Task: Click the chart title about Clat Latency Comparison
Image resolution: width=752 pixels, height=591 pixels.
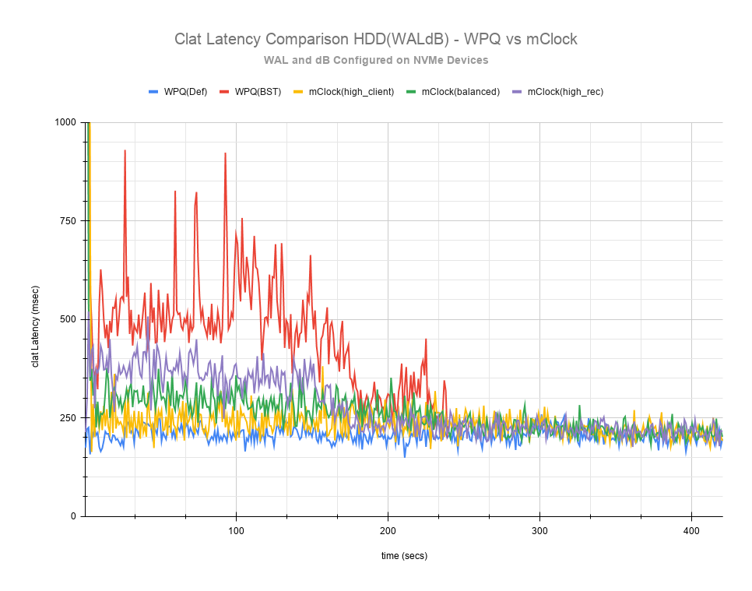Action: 375,39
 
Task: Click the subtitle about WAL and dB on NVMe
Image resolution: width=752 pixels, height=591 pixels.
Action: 375,60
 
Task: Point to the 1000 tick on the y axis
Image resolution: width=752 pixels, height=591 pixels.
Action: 65,122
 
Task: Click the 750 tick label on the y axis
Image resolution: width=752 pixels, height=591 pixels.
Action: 69,220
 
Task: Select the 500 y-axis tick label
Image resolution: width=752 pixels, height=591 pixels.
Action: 69,319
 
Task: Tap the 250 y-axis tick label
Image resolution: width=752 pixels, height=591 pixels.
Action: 69,417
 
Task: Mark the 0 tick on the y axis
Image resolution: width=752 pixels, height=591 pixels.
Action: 73,516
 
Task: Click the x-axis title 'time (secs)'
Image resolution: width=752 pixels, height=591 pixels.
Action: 403,555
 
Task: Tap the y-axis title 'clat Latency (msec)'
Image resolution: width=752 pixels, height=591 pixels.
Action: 35,319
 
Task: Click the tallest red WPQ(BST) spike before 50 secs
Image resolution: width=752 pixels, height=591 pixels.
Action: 125,151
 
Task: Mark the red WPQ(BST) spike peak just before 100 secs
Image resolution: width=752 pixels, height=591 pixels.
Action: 225,154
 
